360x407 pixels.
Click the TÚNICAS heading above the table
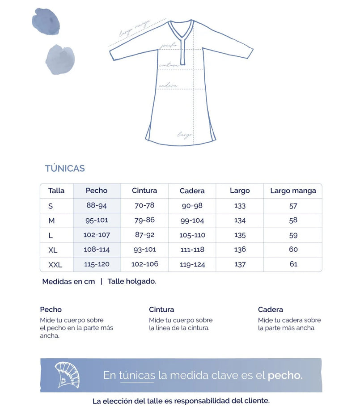coord(65,169)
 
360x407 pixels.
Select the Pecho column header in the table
coord(97,191)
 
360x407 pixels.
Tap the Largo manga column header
coord(293,191)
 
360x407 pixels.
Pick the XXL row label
coord(55,265)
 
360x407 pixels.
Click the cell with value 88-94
coord(97,206)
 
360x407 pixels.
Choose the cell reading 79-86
coord(144,220)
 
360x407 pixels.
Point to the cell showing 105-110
coord(192,235)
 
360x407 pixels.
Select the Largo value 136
coord(240,250)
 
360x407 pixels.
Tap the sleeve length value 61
coord(293,264)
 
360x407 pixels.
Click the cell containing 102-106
coord(144,264)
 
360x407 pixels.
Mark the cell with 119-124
coord(192,264)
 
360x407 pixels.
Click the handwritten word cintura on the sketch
coord(169,65)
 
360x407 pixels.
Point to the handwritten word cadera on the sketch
coord(168,85)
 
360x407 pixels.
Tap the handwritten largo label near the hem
coord(185,134)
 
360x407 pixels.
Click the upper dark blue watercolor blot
coord(46,21)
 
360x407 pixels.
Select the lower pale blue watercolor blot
coord(60,59)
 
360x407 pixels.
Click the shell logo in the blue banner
coord(67,375)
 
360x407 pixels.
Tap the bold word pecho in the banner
coord(284,375)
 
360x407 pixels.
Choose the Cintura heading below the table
coord(161,309)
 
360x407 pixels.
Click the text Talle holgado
coord(132,281)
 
